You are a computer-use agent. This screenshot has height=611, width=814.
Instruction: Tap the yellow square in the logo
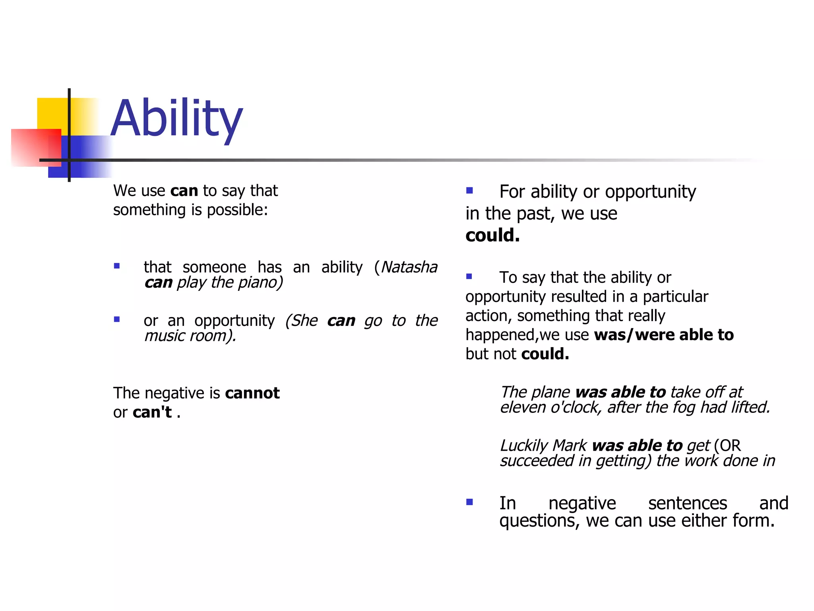52,113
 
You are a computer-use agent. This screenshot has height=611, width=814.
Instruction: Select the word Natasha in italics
409,267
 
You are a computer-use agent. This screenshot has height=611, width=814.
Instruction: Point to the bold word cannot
252,393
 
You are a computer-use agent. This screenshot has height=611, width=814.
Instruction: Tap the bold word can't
152,412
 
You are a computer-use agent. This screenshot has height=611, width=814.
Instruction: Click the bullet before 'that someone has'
117,266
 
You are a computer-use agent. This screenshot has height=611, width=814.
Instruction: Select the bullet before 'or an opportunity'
117,319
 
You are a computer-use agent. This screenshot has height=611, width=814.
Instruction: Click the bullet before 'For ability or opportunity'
469,191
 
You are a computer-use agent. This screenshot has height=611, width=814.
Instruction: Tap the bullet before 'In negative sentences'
469,502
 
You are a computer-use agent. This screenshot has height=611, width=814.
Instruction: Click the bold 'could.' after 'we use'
492,235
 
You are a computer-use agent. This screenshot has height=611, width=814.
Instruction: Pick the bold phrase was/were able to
664,335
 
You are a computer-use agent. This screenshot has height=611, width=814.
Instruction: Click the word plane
551,392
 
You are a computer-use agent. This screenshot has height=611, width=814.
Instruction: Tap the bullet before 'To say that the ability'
469,276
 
